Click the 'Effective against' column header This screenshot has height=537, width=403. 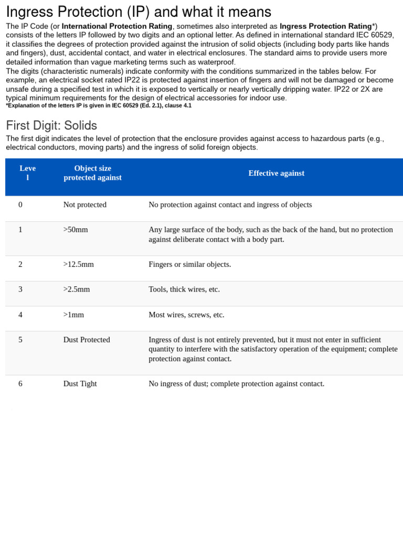click(x=276, y=173)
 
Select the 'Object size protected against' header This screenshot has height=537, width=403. click(x=92, y=173)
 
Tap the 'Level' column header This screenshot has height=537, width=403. click(x=28, y=173)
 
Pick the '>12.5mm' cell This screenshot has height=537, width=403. click(x=78, y=264)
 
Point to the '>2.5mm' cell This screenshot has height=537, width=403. click(x=77, y=289)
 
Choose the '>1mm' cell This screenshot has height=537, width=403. click(x=73, y=315)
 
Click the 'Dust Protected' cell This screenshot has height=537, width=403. click(x=87, y=340)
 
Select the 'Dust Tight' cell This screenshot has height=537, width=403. click(x=80, y=384)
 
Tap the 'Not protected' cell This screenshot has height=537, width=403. click(x=84, y=205)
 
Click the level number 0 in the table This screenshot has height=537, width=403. click(x=20, y=205)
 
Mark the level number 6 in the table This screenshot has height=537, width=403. click(x=20, y=384)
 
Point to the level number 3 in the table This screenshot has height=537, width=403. click(x=20, y=289)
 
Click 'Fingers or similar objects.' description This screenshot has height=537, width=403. click(x=189, y=264)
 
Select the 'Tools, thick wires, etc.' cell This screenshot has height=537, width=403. click(x=184, y=289)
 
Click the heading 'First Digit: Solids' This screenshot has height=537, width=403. click(x=51, y=125)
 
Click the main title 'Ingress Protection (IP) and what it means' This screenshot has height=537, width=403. click(x=139, y=12)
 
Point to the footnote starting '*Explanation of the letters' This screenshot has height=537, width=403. click(x=99, y=105)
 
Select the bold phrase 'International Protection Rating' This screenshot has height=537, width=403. click(x=117, y=26)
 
